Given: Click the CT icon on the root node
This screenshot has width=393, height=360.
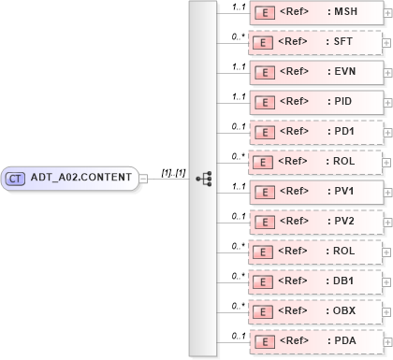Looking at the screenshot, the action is tap(16, 178).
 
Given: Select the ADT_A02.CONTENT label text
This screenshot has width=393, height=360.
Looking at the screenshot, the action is tap(81, 178).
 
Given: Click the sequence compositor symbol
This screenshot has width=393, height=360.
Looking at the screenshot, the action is tap(203, 178).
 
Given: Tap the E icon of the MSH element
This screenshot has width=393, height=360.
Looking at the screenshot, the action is tap(266, 13).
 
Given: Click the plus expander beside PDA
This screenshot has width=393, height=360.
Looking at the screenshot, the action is tap(387, 342).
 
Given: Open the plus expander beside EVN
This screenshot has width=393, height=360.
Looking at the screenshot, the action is tap(387, 73).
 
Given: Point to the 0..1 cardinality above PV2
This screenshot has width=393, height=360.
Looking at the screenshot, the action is tap(239, 215).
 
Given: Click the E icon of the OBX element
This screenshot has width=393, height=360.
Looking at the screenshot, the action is tap(266, 311).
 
